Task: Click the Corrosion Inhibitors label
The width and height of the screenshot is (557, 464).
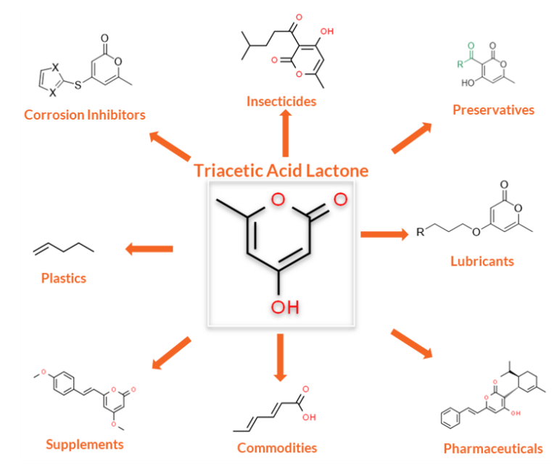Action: click(x=85, y=115)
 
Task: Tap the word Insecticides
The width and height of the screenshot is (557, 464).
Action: click(x=281, y=101)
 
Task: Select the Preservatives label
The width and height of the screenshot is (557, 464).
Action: click(x=493, y=110)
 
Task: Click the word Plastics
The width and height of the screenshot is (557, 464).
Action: click(x=64, y=278)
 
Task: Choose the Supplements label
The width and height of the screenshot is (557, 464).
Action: click(x=85, y=444)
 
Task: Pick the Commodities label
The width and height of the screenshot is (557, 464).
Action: click(x=277, y=447)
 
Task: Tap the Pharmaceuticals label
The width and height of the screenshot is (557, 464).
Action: click(x=493, y=448)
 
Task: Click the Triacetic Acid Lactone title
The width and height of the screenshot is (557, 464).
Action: click(x=281, y=171)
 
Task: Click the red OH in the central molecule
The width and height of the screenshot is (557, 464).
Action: click(x=285, y=308)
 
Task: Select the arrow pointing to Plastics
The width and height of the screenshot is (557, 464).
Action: click(x=149, y=249)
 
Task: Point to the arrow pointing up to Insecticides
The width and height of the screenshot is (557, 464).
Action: click(x=284, y=135)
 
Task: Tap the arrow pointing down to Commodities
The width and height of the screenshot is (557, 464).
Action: click(x=281, y=358)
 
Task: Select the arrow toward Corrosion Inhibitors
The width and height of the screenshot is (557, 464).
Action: click(x=170, y=146)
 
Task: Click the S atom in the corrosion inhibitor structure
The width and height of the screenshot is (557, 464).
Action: click(x=79, y=85)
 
